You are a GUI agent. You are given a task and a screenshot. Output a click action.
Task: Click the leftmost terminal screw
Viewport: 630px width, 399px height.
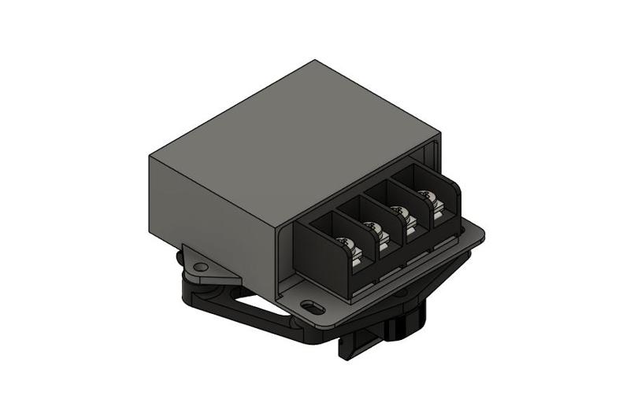pyautogui.click(x=345, y=243)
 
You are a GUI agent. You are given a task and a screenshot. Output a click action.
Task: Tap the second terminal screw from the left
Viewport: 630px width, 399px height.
pyautogui.click(x=375, y=229)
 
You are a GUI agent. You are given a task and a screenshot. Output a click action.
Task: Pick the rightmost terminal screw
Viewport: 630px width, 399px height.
pyautogui.click(x=428, y=197)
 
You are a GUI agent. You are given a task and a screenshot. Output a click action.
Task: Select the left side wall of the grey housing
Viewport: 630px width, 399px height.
pyautogui.click(x=209, y=212)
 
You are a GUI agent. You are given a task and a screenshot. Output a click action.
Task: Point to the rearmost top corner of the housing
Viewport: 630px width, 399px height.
pyautogui.click(x=315, y=61)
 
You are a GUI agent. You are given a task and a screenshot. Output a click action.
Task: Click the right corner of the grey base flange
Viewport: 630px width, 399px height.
pyautogui.click(x=482, y=233)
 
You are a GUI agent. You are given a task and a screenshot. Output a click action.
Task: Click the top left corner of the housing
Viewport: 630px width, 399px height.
pyautogui.click(x=150, y=155)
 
